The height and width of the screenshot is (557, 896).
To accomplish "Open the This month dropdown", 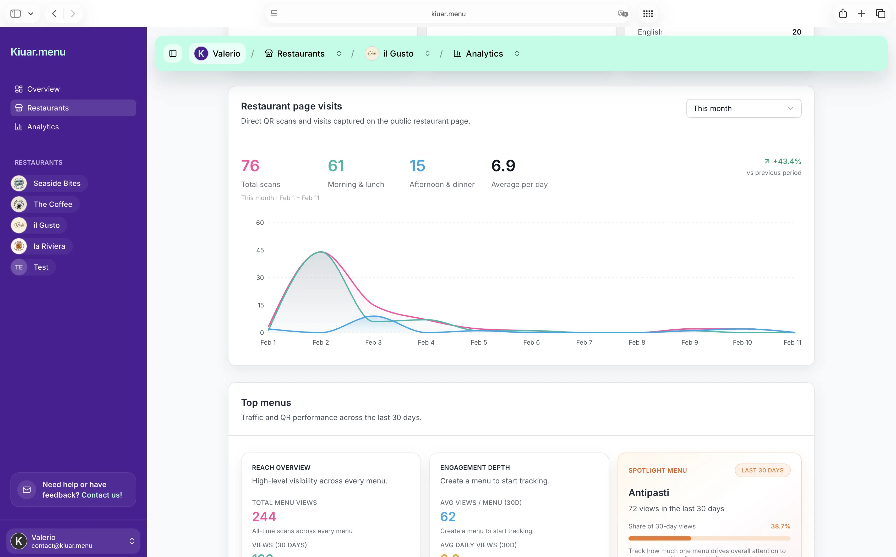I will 744,108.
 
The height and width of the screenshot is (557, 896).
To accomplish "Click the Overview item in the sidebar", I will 43,89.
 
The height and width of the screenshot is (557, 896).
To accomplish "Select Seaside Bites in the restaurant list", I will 57,184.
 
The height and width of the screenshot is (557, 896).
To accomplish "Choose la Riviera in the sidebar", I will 49,246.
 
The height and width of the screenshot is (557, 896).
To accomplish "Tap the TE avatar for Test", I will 19,267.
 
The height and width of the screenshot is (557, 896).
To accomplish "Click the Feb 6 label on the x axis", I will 531,342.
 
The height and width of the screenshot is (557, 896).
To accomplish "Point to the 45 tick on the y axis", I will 260,250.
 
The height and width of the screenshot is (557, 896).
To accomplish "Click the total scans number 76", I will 250,166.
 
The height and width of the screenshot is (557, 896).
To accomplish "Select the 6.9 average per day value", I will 503,166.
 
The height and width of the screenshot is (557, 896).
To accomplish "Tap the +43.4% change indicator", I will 786,161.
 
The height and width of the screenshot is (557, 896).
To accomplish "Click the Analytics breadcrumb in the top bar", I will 484,54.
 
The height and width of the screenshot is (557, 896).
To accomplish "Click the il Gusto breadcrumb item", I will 398,54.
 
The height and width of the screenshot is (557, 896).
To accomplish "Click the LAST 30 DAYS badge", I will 762,470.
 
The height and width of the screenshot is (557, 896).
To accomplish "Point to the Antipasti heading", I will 648,493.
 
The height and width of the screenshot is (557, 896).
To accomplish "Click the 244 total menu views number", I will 264,516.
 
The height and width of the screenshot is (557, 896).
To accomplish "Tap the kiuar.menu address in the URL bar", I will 448,14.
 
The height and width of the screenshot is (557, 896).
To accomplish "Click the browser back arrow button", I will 54,14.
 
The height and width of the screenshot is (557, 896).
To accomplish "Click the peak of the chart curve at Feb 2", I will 321,252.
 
